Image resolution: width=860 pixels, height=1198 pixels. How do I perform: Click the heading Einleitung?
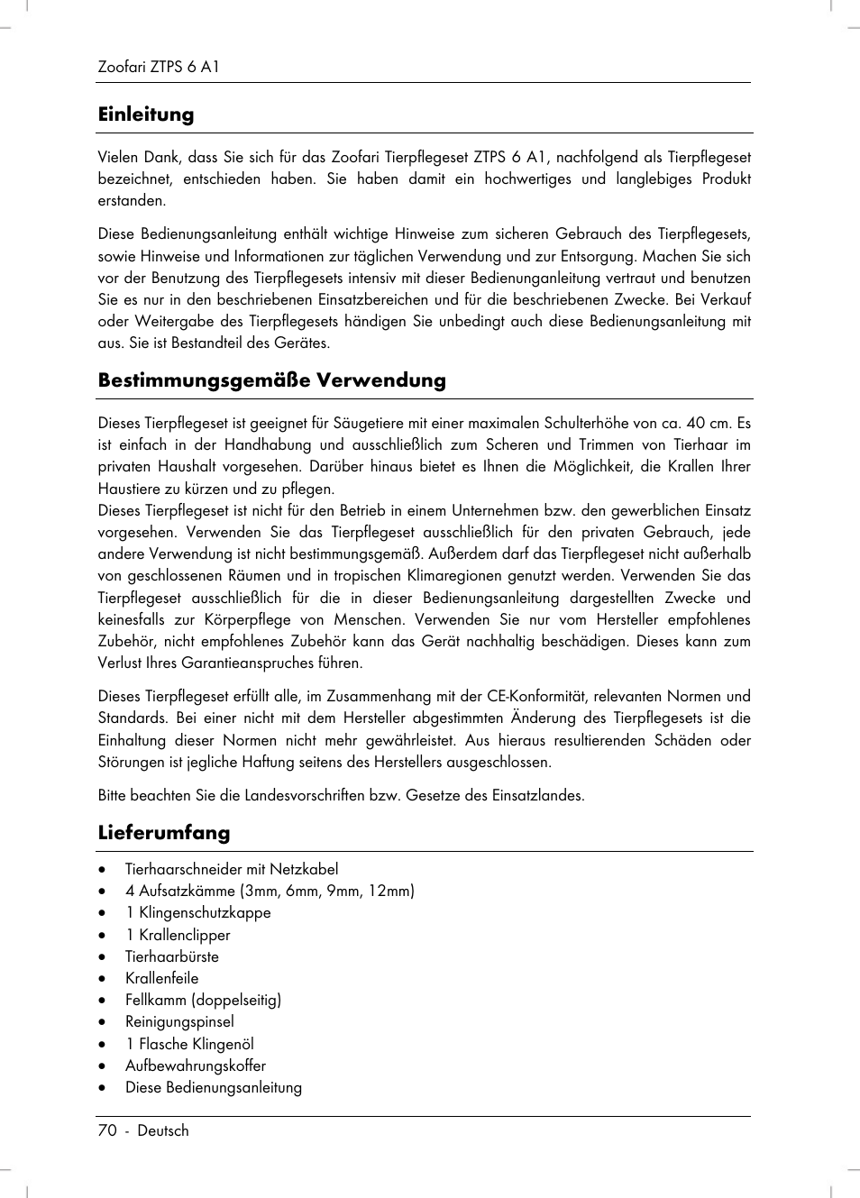[146, 114]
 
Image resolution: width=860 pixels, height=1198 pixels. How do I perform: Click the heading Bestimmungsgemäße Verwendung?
[271, 380]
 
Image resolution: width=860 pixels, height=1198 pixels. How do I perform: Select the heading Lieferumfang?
[164, 832]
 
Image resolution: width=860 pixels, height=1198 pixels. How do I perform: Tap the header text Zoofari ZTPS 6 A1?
[159, 67]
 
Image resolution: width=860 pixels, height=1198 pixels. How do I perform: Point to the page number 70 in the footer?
[107, 1130]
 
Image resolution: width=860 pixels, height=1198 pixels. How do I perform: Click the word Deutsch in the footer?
[163, 1130]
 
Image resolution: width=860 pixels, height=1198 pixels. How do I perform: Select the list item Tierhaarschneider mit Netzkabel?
[232, 869]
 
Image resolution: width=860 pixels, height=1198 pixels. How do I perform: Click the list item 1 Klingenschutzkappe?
[198, 912]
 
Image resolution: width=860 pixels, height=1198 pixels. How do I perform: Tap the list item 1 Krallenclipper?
[178, 935]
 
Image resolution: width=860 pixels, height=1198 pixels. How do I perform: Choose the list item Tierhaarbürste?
[172, 956]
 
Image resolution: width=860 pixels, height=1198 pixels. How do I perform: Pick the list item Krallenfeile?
[162, 978]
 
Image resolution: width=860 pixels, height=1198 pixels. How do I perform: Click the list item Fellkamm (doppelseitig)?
[203, 1000]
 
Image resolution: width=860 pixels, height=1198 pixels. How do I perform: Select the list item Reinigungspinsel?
[179, 1021]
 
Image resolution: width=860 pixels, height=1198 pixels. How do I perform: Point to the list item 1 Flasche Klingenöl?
[189, 1044]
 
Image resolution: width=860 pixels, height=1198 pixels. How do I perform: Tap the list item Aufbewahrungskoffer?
[196, 1065]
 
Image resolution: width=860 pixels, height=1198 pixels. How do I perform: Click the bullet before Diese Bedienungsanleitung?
[103, 1088]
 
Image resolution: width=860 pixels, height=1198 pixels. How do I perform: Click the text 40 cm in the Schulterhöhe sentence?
[708, 423]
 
